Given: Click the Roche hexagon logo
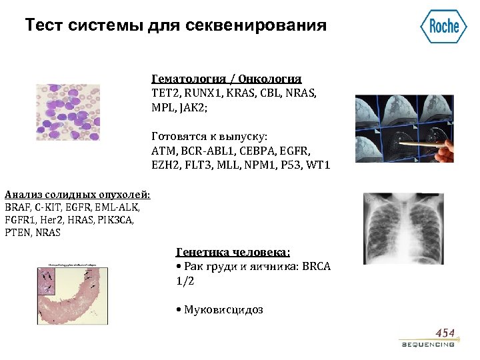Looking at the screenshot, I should pos(443,26).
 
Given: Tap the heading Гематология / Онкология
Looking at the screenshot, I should pos(227,78).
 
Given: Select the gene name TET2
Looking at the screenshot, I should pos(164,93).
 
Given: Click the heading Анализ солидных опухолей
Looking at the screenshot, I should pos(77,195).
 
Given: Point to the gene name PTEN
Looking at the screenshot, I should pos(17,233).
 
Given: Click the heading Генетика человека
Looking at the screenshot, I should pos(233,252).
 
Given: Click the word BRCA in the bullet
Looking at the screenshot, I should pos(317,267).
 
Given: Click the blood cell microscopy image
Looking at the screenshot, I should pos(67,112).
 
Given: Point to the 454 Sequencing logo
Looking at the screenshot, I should pos(428,338).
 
